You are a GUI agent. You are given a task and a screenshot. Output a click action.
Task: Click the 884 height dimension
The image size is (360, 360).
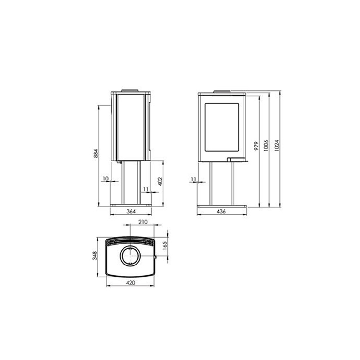pyautogui.click(x=96, y=153)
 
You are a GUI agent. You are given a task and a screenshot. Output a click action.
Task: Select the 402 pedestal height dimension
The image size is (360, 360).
pyautogui.click(x=160, y=181)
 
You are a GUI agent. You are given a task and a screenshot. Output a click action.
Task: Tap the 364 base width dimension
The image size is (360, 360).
pyautogui.click(x=131, y=211)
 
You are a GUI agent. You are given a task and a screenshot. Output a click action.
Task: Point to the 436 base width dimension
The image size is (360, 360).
pyautogui.click(x=221, y=211)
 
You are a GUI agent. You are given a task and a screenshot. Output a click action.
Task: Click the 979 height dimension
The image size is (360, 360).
pyautogui.click(x=256, y=146)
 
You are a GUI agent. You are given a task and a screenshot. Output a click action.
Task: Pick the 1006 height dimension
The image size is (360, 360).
pyautogui.click(x=266, y=146)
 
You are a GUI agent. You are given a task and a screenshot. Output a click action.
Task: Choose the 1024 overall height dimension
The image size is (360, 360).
pyautogui.click(x=277, y=146)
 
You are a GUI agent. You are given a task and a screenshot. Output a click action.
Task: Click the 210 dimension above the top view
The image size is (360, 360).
pyautogui.click(x=143, y=222)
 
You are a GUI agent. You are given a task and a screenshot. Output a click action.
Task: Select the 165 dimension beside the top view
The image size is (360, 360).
pyautogui.click(x=164, y=246)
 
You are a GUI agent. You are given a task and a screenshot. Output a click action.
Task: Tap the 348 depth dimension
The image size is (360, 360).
pyautogui.click(x=95, y=256)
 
